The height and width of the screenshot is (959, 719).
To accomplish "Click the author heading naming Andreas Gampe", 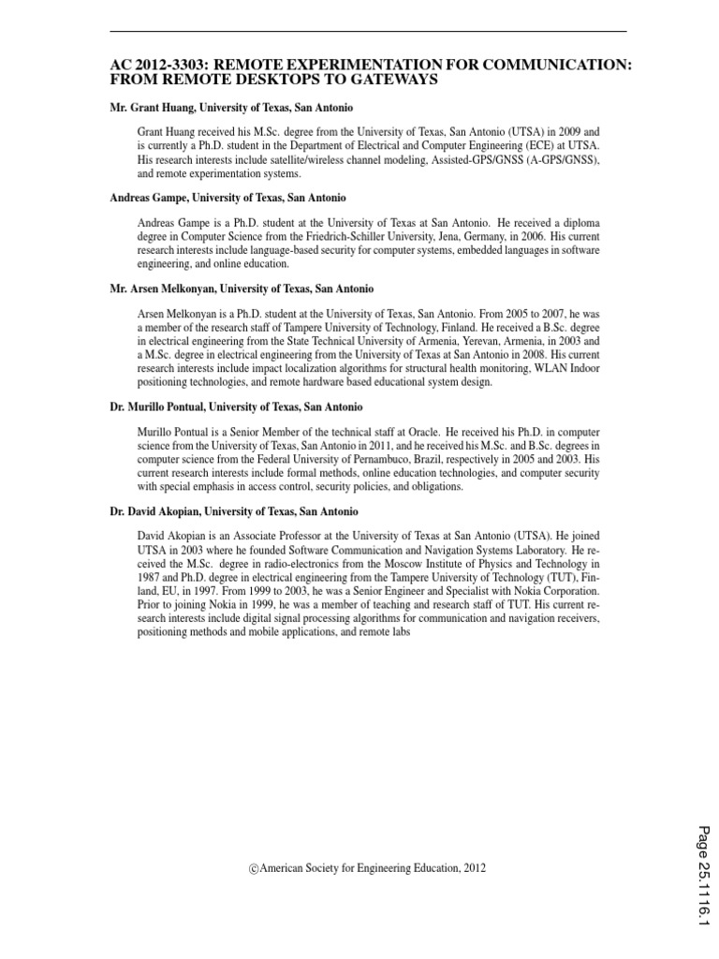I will pyautogui.click(x=227, y=198).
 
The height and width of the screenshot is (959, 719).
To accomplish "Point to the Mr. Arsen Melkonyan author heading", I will pyautogui.click(x=242, y=288).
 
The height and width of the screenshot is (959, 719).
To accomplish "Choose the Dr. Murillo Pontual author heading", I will pyautogui.click(x=236, y=407).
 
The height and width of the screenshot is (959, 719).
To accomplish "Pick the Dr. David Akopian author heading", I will pyautogui.click(x=234, y=512).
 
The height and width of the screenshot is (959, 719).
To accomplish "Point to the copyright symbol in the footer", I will pyautogui.click(x=253, y=869).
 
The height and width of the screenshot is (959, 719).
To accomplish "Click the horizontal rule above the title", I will pyautogui.click(x=368, y=32).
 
